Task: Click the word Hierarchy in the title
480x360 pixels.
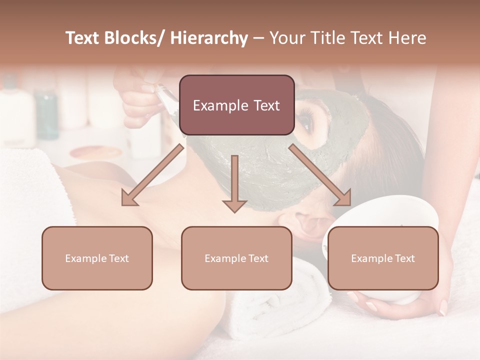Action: [209, 38]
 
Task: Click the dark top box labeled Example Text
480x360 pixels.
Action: [236, 105]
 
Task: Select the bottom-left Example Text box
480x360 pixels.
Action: [97, 258]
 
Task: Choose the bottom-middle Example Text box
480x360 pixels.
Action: [236, 258]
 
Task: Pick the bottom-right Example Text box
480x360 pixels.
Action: [383, 258]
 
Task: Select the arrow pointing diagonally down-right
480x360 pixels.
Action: [320, 175]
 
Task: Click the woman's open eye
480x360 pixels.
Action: [304, 119]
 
